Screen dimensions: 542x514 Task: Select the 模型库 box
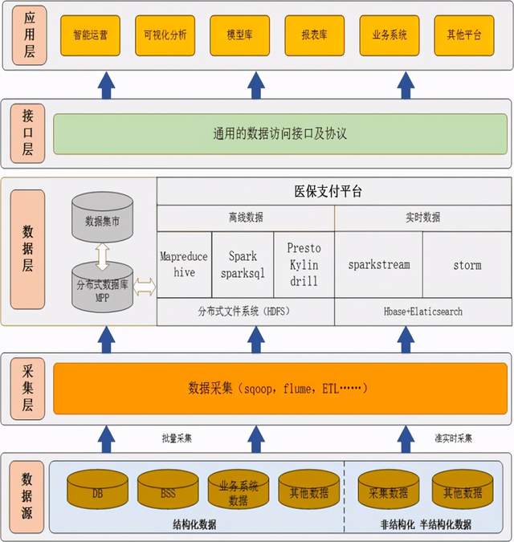coord(239,35)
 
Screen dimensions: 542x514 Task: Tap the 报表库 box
coord(313,35)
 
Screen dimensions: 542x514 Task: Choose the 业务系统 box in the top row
coord(389,35)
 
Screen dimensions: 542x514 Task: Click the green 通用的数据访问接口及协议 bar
coord(280,133)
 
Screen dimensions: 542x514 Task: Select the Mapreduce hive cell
coord(184,264)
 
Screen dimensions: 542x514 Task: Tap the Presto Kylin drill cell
coord(304,264)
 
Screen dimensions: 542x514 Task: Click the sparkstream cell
coord(378,264)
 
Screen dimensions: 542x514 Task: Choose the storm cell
coord(467,264)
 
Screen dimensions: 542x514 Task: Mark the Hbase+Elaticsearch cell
coord(422,312)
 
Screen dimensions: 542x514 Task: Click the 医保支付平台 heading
coord(333,192)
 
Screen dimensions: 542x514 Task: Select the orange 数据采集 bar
coord(280,388)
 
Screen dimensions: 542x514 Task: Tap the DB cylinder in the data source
coord(97,492)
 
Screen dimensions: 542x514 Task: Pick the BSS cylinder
coord(168,492)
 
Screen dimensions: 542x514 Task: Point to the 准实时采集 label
coord(453,438)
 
